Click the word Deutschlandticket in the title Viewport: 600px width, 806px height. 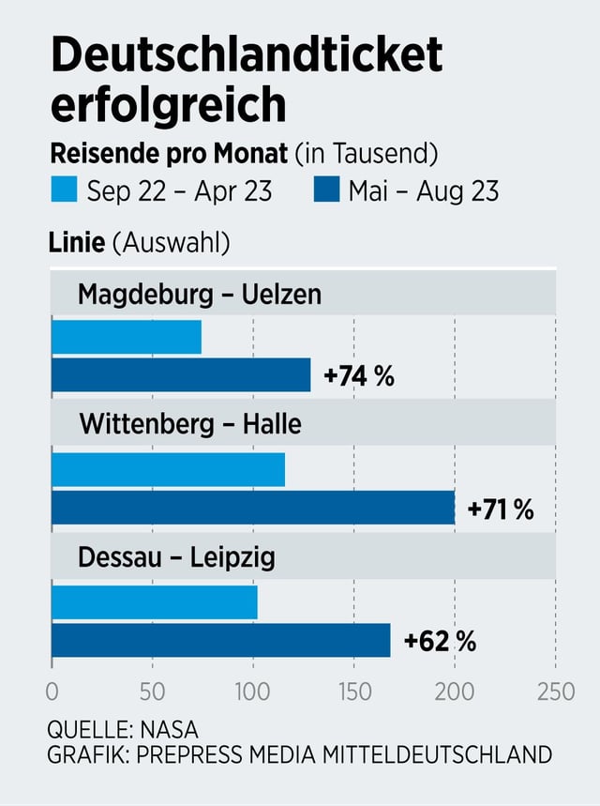pos(246,56)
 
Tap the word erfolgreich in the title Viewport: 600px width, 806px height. pos(168,104)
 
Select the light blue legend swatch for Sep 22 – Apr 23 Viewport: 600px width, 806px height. pos(65,191)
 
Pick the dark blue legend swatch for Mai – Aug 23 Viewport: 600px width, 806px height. pos(325,191)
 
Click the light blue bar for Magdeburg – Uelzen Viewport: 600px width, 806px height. pos(127,337)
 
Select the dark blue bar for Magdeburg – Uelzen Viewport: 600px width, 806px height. pos(181,375)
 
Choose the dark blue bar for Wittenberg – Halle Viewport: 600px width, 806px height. pos(253,508)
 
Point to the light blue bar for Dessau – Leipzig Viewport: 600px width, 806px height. pos(155,601)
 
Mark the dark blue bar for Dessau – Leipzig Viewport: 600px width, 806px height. pos(220,640)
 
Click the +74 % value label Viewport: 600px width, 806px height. pos(359,376)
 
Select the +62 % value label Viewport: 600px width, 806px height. pos(440,642)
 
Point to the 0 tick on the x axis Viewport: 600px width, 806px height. pos(52,692)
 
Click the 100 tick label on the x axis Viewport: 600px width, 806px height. pos(253,692)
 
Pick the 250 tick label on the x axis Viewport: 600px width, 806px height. pos(555,692)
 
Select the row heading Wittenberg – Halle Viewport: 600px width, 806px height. pos(190,425)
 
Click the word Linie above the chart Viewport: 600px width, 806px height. pos(77,243)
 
